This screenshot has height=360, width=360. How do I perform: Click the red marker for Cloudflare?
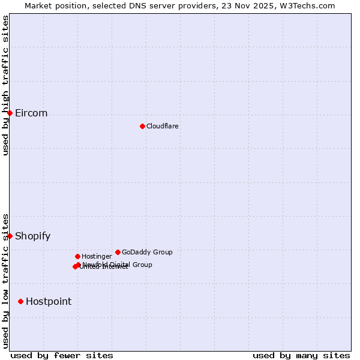(142, 126)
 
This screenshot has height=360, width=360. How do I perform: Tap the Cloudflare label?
(162, 126)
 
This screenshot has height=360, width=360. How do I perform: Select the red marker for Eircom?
(10, 113)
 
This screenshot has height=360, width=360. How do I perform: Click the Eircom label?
(31, 113)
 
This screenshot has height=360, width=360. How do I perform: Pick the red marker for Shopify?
(10, 236)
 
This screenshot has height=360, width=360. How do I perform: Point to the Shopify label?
(32, 236)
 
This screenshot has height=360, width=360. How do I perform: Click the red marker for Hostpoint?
(20, 301)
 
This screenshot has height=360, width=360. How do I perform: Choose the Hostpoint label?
(48, 302)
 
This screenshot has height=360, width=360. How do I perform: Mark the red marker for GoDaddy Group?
(118, 252)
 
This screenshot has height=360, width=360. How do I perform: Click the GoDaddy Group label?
(147, 252)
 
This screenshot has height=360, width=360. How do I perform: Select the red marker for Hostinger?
(77, 256)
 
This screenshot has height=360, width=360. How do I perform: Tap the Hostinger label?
(97, 256)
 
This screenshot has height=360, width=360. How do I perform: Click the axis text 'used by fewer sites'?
(62, 355)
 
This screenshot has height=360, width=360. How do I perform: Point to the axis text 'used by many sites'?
(301, 355)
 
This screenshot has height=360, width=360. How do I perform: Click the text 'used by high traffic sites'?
(5, 85)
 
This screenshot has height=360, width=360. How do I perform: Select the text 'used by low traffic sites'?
(5, 280)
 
